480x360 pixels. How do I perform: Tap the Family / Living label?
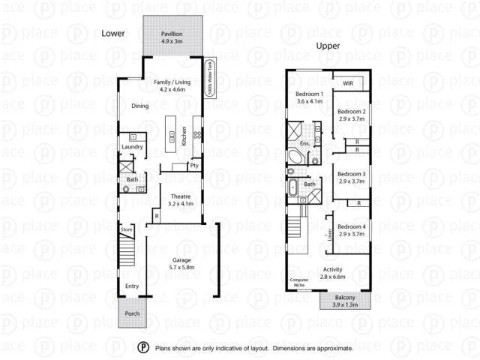point(172,81)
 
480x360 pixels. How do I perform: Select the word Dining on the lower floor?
point(139,106)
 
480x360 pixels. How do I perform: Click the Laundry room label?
point(131,147)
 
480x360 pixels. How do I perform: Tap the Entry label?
point(132,286)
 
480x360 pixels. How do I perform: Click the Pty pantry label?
point(194,166)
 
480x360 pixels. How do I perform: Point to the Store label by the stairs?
point(127,229)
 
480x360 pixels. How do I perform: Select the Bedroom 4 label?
point(351,226)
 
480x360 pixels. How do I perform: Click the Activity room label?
point(333,270)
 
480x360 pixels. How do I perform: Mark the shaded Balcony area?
point(346,300)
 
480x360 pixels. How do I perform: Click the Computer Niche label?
point(298,283)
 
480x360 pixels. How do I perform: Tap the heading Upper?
point(328,45)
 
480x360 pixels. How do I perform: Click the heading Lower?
point(113,34)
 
